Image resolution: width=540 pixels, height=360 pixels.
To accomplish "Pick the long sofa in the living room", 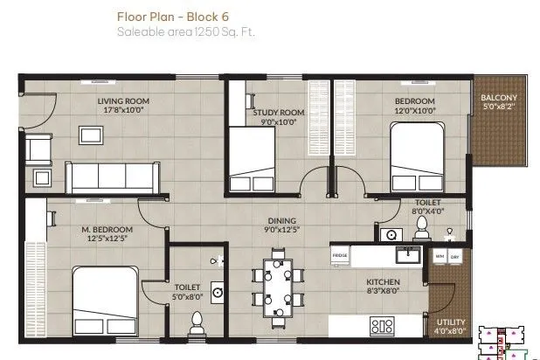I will pyautogui.click(x=111, y=177).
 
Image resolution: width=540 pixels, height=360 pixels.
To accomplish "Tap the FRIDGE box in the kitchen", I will pyautogui.click(x=341, y=255).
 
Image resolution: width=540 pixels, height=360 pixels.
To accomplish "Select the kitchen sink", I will pyautogui.click(x=407, y=255).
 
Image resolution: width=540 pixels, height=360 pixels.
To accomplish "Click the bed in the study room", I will pyautogui.click(x=253, y=158).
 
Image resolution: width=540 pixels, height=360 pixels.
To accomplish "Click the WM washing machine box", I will pyautogui.click(x=440, y=256).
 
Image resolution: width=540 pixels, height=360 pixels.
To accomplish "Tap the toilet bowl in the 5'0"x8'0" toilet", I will pyautogui.click(x=196, y=322).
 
